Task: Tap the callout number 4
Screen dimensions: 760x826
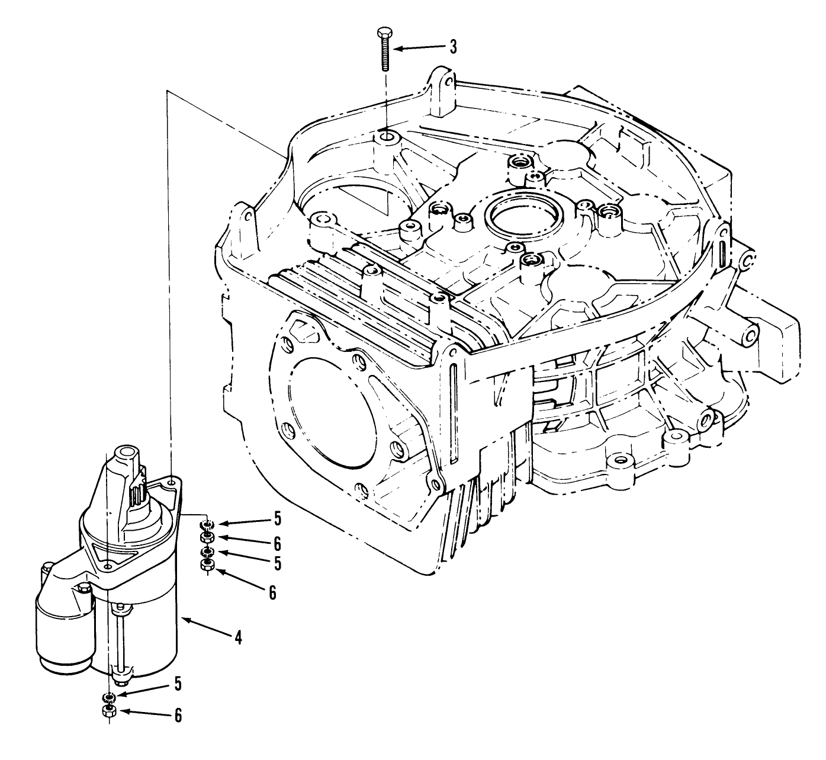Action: click(238, 637)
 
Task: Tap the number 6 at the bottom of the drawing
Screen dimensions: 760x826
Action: click(177, 716)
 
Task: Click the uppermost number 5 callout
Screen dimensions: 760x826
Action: click(277, 520)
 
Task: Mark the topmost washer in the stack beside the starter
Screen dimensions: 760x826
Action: click(207, 525)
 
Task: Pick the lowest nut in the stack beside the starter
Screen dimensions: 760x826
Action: click(207, 566)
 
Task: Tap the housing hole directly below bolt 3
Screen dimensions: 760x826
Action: click(386, 138)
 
